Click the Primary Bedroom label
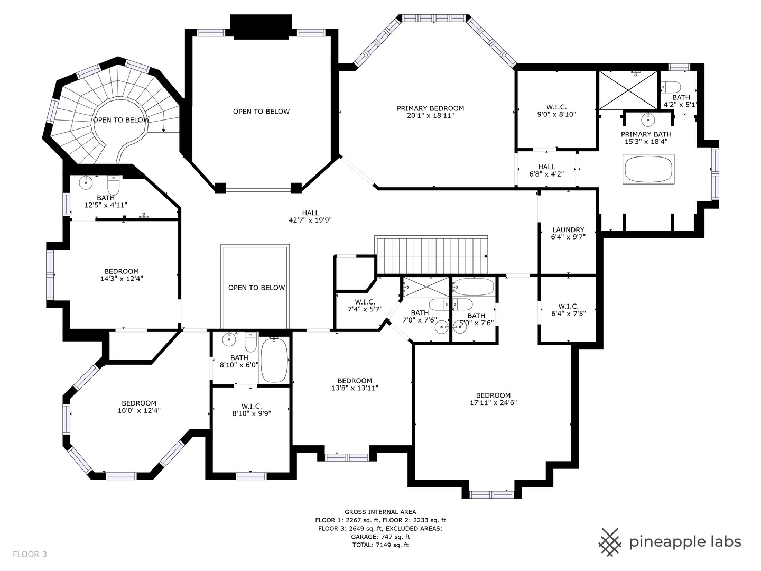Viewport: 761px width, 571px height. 430,112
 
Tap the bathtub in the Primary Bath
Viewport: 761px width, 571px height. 648,169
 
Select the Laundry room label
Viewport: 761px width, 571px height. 568,233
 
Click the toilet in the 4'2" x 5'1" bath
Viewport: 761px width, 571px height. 671,87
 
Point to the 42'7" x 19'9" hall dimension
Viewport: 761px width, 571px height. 310,220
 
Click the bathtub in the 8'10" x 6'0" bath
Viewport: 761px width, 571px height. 274,360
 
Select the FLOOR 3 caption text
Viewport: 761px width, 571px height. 30,554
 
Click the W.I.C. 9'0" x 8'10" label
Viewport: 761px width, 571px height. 556,110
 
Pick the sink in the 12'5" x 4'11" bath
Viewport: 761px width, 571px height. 85,182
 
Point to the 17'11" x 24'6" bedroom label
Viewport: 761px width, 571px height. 493,399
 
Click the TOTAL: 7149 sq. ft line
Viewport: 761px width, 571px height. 380,545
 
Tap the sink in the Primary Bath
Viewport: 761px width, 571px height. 647,120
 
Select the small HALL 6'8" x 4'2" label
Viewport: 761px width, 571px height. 546,170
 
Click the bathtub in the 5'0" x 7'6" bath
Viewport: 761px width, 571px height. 473,287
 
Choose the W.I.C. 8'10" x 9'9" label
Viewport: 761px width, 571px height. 252,409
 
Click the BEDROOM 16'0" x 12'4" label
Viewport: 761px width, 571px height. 139,407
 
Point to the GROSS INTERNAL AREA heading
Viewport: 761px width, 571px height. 380,512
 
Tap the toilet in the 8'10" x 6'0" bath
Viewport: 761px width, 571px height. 250,342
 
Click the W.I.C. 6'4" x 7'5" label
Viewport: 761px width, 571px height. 568,310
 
